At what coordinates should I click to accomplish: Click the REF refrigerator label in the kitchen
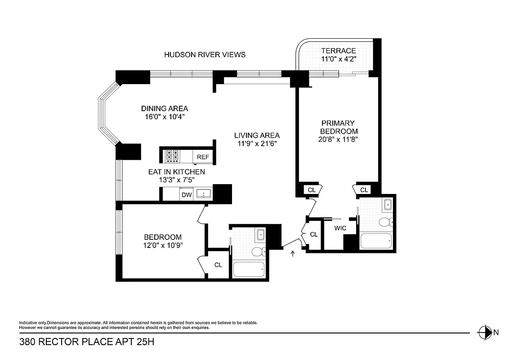[203, 157]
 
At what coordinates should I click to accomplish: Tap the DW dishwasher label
[187, 195]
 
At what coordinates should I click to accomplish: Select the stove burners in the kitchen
[172, 156]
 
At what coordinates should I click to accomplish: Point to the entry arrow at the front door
[293, 254]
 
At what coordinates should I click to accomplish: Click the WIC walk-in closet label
[340, 228]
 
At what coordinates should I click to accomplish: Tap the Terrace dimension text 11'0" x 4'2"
[339, 59]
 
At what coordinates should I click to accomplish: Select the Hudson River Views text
[205, 54]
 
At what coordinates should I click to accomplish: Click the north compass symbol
[485, 333]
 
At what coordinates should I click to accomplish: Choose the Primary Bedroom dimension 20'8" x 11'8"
[339, 139]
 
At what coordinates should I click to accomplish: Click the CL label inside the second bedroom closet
[218, 265]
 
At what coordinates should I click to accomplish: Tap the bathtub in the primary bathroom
[377, 240]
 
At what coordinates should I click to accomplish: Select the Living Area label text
[257, 135]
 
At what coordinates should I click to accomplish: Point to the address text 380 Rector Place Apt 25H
[87, 342]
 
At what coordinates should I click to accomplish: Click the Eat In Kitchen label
[177, 172]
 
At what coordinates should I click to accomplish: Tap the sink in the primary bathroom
[387, 206]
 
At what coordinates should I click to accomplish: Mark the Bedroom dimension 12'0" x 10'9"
[162, 245]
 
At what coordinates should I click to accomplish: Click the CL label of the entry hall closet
[314, 234]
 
